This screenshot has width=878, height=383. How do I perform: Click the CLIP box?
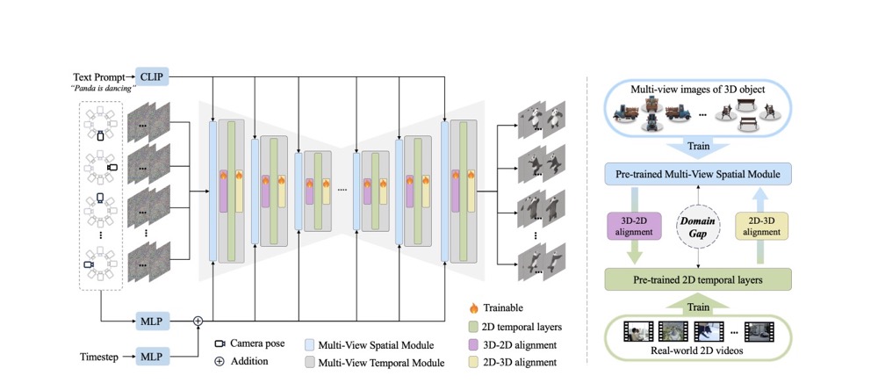[151, 77]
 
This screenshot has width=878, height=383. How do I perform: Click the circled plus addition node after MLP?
[198, 321]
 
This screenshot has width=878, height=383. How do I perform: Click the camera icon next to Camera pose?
[219, 343]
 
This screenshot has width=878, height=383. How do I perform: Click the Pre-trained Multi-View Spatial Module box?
[695, 174]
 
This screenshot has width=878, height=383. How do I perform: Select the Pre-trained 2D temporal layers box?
[695, 281]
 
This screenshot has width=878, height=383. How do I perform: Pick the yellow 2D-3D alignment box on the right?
[760, 227]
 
